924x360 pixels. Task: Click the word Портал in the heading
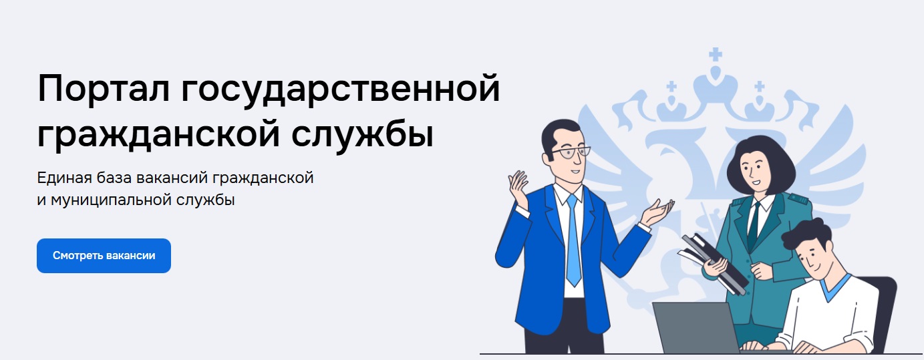(103, 88)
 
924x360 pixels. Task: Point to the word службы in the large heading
(362, 133)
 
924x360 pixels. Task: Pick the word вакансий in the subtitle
(172, 178)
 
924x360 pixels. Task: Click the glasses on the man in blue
(571, 152)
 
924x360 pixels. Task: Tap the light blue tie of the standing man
(573, 240)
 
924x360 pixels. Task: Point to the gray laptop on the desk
(697, 328)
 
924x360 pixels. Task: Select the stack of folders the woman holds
(714, 264)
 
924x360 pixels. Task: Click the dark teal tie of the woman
(753, 224)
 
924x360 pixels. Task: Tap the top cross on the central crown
(716, 54)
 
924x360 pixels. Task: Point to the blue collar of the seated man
(835, 287)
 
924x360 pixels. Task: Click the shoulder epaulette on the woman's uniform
(798, 199)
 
